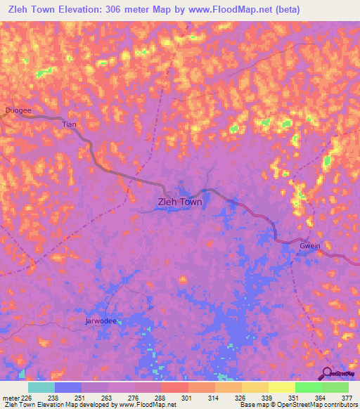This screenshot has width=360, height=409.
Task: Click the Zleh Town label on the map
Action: tap(178, 202)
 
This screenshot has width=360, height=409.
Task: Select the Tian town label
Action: tap(69, 124)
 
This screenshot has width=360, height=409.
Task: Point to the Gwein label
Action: tap(310, 246)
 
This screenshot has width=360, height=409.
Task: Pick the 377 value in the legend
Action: tap(347, 398)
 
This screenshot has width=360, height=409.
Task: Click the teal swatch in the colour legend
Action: tap(41, 387)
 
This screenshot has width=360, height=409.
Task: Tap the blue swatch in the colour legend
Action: tap(68, 387)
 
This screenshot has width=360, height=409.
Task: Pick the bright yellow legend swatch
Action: tap(281, 387)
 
